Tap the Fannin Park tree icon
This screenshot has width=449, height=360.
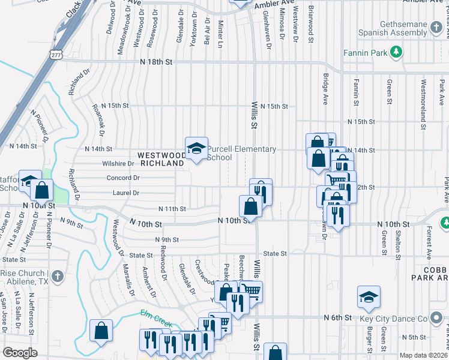point(396,53)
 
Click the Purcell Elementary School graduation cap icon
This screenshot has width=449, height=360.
point(196,148)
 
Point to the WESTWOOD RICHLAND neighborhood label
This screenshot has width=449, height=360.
point(160,159)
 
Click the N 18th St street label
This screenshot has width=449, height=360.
point(155,62)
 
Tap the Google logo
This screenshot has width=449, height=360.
point(20,353)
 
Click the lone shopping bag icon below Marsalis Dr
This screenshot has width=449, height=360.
point(101,330)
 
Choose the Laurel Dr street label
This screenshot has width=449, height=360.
point(126,193)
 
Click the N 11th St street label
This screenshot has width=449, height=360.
point(172,209)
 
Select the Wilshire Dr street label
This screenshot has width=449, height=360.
point(118,163)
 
